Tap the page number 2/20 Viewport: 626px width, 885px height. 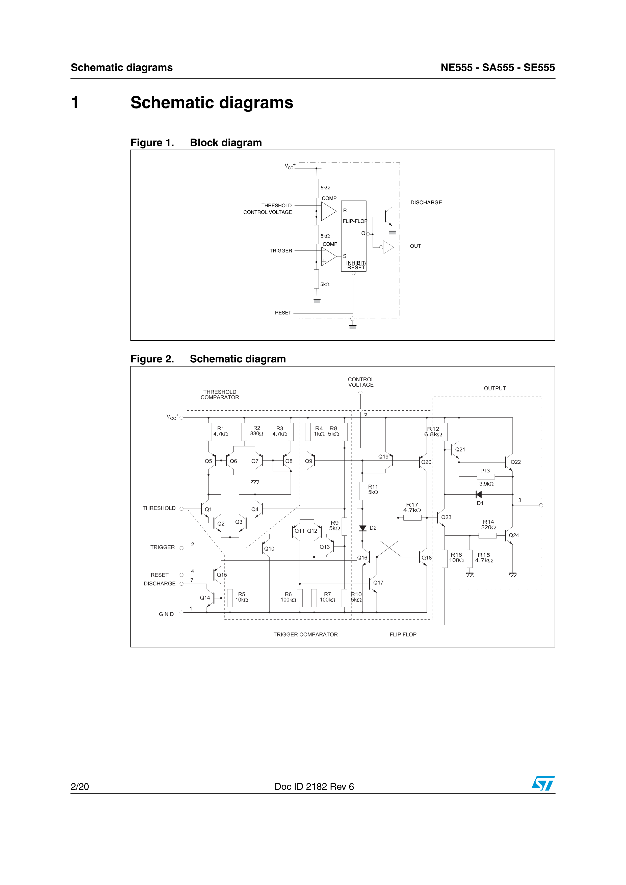click(x=80, y=786)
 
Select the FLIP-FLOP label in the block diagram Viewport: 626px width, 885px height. click(x=355, y=221)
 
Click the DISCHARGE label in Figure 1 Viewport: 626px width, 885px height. click(x=426, y=202)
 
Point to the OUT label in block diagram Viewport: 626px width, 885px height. click(x=415, y=246)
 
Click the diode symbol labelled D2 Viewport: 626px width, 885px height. click(x=362, y=528)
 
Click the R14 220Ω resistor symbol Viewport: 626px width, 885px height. click(x=487, y=535)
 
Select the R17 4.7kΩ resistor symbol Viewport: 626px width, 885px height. click(x=412, y=518)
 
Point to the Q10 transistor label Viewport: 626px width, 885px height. click(x=269, y=549)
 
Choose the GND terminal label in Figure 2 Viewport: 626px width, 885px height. click(x=166, y=614)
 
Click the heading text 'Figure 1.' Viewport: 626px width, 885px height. click(x=152, y=142)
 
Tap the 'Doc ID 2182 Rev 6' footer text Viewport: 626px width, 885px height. click(x=314, y=786)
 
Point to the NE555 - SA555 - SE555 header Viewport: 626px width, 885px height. click(x=498, y=67)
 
